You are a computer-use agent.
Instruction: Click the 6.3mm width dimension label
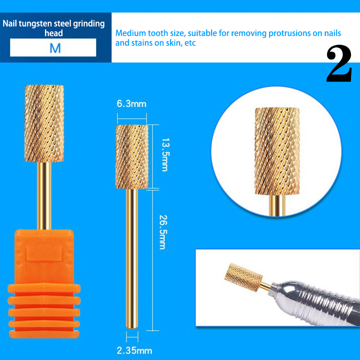pyautogui.click(x=131, y=104)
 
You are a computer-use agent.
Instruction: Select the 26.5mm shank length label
pyautogui.click(x=163, y=232)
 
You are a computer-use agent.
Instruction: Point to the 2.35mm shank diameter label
pyautogui.click(x=134, y=351)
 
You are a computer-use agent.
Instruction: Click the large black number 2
pyautogui.click(x=339, y=63)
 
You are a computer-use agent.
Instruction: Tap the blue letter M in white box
pyautogui.click(x=55, y=48)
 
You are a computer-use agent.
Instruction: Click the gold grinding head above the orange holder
pyautogui.click(x=44, y=123)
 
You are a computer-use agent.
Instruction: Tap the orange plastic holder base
pyautogui.click(x=44, y=283)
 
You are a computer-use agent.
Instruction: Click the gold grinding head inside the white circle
pyautogui.click(x=277, y=151)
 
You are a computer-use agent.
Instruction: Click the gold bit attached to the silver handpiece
pyautogui.click(x=244, y=277)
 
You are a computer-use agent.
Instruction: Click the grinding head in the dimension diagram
pyautogui.click(x=132, y=157)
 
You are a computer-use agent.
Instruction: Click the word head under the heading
pyautogui.click(x=54, y=33)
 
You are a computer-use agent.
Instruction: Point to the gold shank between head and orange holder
pyautogui.click(x=44, y=196)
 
